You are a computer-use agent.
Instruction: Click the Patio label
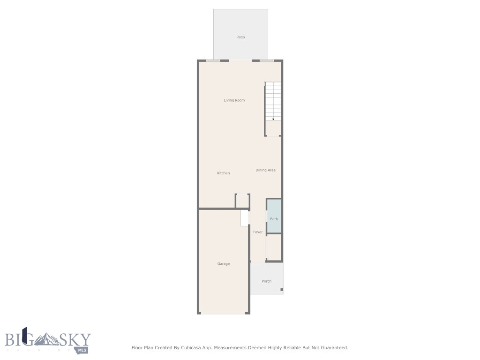pyautogui.click(x=240, y=37)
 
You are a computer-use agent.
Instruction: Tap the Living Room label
pyautogui.click(x=234, y=100)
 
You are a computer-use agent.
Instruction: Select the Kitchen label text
pyautogui.click(x=224, y=173)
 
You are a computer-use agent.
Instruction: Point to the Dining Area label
pyautogui.click(x=265, y=170)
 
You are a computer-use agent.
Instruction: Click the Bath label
pyautogui.click(x=274, y=219)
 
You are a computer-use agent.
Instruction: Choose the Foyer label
pyautogui.click(x=258, y=232)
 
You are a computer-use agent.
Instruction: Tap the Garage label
pyautogui.click(x=224, y=264)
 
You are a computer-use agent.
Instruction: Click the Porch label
pyautogui.click(x=267, y=281)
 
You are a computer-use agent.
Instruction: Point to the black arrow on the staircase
pyautogui.click(x=273, y=119)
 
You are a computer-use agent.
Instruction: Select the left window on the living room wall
pyautogui.click(x=213, y=60)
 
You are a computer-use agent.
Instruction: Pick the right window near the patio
pyautogui.click(x=267, y=60)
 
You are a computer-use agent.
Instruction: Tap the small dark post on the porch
pyautogui.click(x=282, y=290)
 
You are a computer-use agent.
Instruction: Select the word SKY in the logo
pyautogui.click(x=75, y=339)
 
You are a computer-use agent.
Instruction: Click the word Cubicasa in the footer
pyautogui.click(x=202, y=348)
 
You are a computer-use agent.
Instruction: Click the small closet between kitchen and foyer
pyautogui.click(x=242, y=201)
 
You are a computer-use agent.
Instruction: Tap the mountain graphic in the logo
pyautogui.click(x=47, y=338)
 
